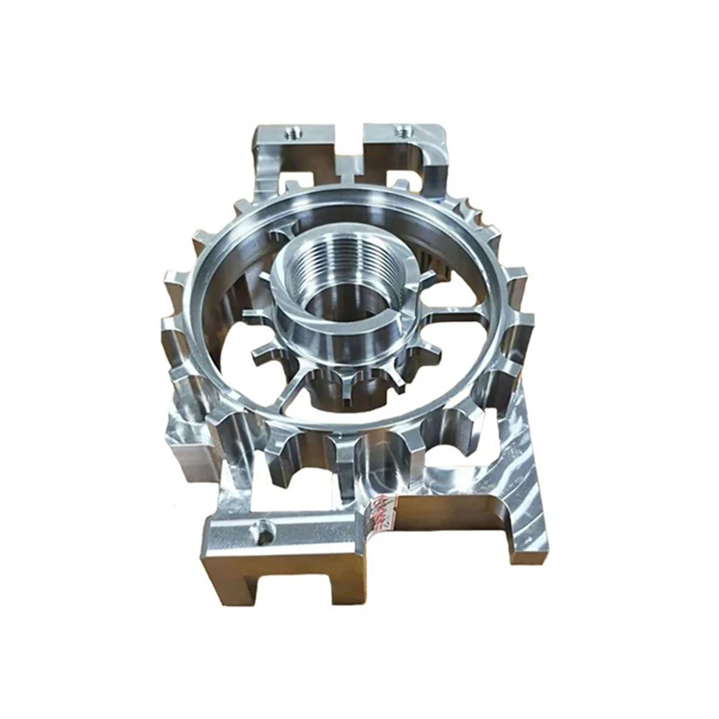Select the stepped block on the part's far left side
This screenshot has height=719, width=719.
tap(184, 440)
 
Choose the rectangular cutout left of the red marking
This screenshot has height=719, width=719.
tap(297, 490)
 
